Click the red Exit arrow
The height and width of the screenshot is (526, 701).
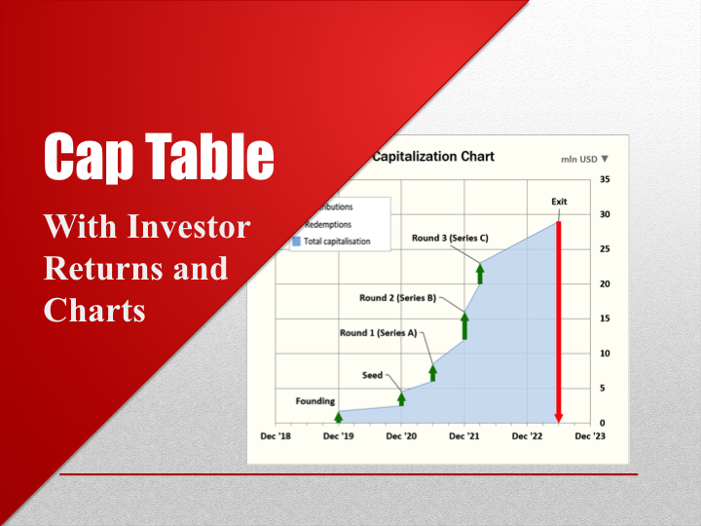(x=559, y=321)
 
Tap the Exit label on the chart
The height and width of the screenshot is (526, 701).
(x=559, y=202)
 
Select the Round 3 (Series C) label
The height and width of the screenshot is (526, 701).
(x=449, y=238)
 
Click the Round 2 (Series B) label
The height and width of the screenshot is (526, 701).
(x=397, y=298)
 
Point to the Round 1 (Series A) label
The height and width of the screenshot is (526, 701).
(x=378, y=333)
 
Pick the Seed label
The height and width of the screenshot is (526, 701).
(x=373, y=375)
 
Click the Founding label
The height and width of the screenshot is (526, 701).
(x=315, y=400)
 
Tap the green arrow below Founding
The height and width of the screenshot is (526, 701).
(x=338, y=415)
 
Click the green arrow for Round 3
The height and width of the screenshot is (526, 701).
(x=480, y=272)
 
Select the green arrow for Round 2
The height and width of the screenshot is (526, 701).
(x=464, y=324)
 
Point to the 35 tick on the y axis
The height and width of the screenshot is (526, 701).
(x=605, y=180)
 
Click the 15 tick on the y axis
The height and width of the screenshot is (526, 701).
(x=605, y=319)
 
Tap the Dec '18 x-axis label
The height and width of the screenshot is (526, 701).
(x=276, y=436)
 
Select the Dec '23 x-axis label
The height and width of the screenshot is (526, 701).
(x=590, y=436)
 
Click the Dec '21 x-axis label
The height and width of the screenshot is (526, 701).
(x=464, y=436)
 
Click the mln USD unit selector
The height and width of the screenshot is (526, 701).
(x=584, y=158)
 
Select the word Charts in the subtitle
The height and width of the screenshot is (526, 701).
(x=94, y=309)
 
